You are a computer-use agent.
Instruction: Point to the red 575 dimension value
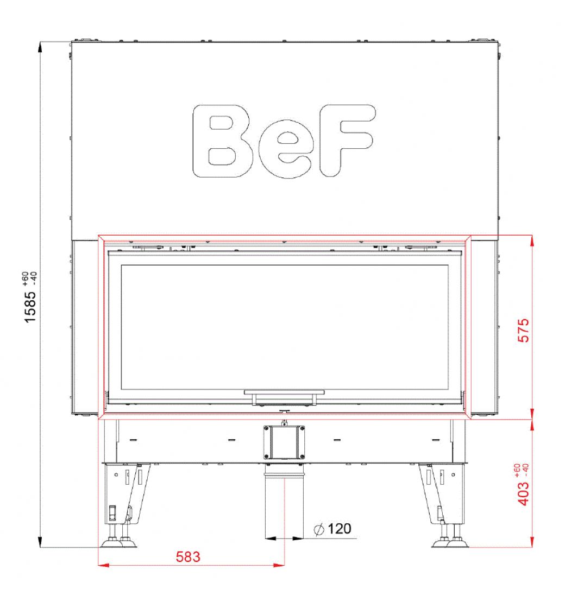click(524, 331)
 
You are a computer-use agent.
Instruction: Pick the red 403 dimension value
click(524, 493)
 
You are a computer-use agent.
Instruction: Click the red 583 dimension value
click(188, 557)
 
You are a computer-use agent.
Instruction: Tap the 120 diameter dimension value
click(340, 529)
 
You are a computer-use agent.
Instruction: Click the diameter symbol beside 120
click(319, 529)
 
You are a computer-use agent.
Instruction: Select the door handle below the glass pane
click(285, 397)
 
